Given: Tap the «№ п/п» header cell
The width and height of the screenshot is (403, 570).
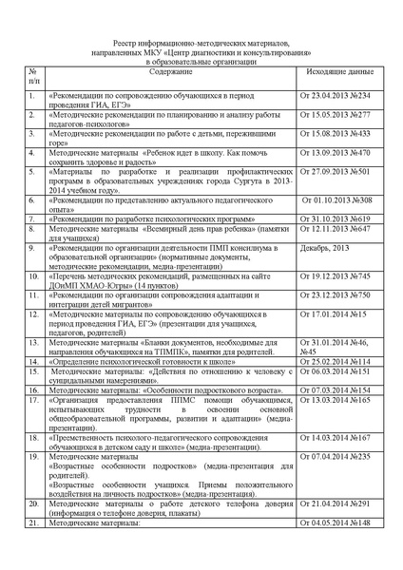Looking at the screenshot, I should [x=33, y=78].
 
